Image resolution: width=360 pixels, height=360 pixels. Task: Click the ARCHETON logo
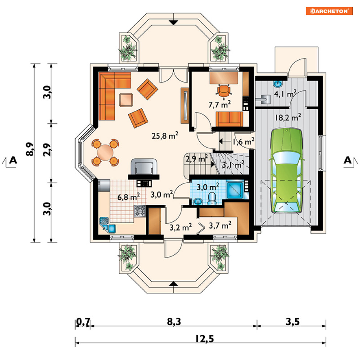[329, 11]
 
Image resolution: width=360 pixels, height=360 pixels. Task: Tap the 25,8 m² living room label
[165, 136]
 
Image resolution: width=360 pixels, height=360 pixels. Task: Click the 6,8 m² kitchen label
[129, 197]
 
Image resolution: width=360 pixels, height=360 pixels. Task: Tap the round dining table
[105, 152]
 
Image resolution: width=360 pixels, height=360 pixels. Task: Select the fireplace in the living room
[143, 168]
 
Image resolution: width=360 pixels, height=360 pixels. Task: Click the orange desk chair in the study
[224, 90]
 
